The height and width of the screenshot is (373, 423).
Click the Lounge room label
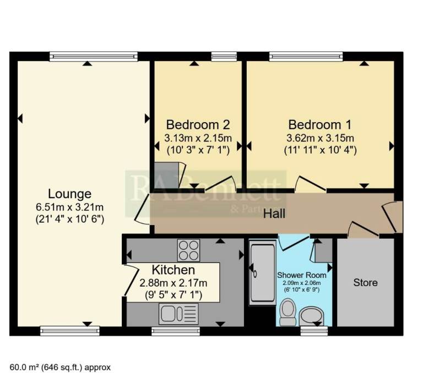[x=69, y=194]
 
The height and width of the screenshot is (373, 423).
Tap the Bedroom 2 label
[x=198, y=125]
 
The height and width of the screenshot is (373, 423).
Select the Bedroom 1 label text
[x=320, y=125]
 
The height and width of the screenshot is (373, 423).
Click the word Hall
[x=274, y=213]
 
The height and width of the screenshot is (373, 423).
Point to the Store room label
[x=365, y=282]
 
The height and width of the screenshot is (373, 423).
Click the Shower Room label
[x=302, y=275]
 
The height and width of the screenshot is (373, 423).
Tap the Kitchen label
[x=173, y=270]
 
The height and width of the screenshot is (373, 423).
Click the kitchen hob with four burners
[x=188, y=250]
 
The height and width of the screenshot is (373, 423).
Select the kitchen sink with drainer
[x=178, y=314]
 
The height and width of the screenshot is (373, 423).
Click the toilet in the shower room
[x=288, y=312]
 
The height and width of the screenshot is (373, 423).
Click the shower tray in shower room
[x=262, y=273]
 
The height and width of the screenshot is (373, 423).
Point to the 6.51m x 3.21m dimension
[x=69, y=207]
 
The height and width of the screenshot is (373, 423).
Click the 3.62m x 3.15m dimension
[x=320, y=138]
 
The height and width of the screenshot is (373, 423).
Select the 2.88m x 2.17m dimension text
[x=173, y=283]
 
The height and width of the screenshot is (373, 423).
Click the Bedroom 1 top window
[x=306, y=56]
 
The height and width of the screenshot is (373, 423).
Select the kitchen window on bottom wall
[x=176, y=331]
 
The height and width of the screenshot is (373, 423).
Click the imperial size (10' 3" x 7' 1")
[x=198, y=150]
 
